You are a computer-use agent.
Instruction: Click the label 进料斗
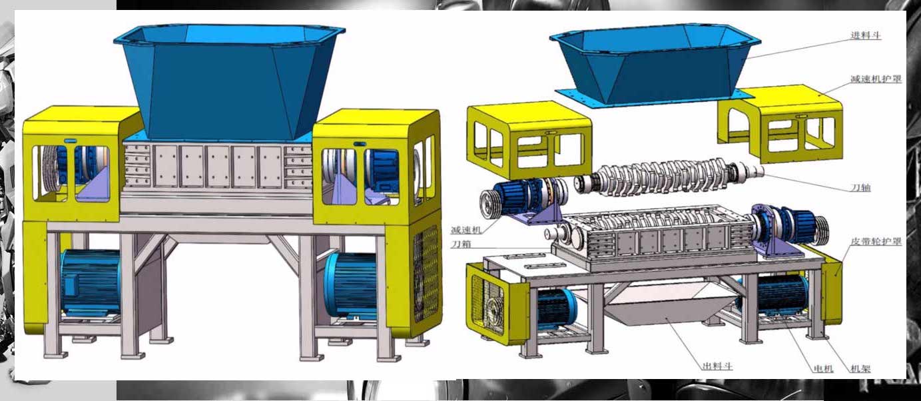[866, 35]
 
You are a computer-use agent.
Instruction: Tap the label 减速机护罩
[876, 79]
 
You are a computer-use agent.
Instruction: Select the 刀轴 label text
[860, 188]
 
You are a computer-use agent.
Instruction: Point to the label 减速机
[466, 230]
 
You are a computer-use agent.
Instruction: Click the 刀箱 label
[461, 244]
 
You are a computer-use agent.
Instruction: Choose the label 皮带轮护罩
[876, 241]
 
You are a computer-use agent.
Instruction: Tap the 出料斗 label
[717, 366]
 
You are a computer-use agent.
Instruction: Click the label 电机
[824, 368]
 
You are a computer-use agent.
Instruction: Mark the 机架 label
[860, 368]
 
